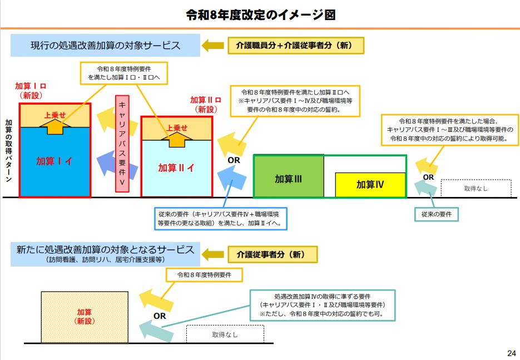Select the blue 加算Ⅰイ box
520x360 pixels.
point(55,161)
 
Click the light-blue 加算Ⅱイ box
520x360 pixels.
point(176,167)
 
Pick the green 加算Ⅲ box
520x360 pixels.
point(289,179)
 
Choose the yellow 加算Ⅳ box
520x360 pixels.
point(370,185)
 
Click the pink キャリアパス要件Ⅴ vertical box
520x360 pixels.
point(125,144)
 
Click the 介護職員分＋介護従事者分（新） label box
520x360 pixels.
point(296,46)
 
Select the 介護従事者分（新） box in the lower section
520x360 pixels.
point(273,255)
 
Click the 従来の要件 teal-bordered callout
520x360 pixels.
point(437,214)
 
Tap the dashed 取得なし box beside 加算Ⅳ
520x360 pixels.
point(476,189)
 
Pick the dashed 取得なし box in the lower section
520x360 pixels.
point(225,334)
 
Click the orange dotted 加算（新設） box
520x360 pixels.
point(84,317)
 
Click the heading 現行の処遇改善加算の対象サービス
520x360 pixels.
point(105,46)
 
